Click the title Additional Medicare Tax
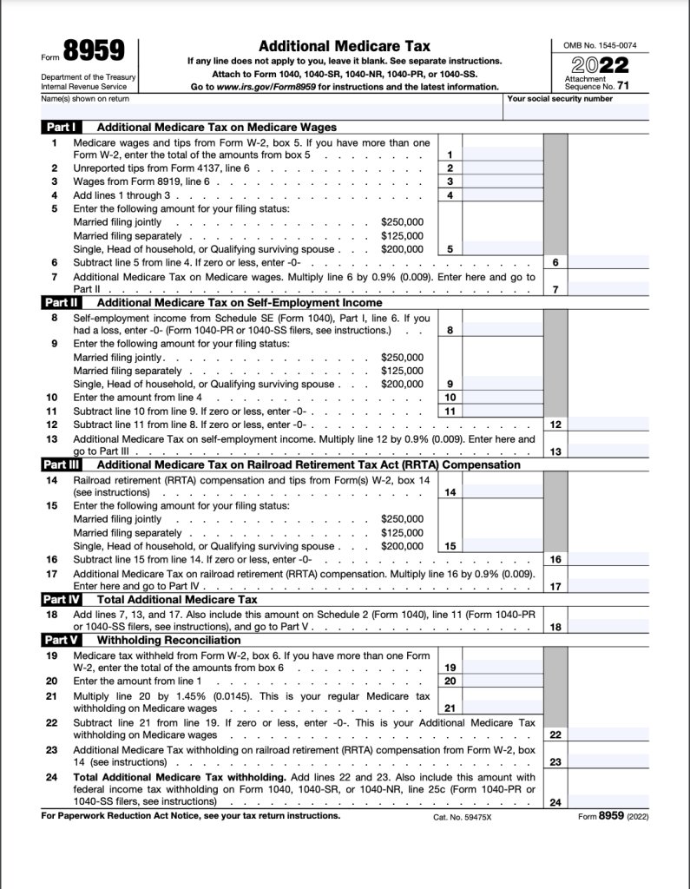(x=345, y=46)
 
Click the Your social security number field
(x=576, y=111)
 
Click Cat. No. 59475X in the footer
(x=462, y=818)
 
